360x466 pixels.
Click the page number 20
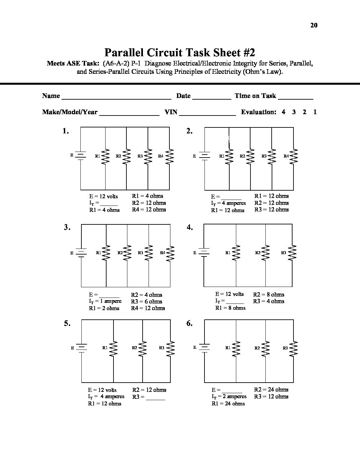314,25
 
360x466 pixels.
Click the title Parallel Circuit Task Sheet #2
180,53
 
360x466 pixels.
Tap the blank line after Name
116,98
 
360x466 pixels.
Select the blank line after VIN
207,115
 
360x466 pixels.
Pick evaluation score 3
294,112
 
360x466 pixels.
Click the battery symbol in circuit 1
80,155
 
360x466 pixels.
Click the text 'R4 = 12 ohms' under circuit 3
148,308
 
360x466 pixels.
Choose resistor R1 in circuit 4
236,253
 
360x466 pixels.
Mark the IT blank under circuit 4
235,303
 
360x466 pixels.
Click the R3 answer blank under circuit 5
155,399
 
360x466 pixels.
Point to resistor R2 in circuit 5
142,348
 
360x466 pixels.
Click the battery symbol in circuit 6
204,348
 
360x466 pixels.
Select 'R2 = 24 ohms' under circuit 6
271,390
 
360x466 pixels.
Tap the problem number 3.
67,227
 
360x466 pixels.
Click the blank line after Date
211,98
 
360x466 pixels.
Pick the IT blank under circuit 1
109,205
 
